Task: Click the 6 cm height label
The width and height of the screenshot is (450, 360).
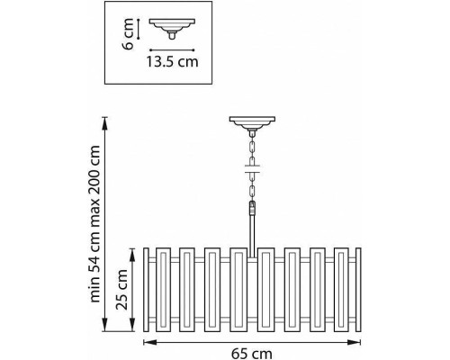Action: click(x=128, y=34)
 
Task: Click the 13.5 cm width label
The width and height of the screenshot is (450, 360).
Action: click(x=172, y=61)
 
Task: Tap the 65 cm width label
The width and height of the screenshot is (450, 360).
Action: click(x=252, y=354)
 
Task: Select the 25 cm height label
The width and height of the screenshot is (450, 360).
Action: click(x=122, y=290)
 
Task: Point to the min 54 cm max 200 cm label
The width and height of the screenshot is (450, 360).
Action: click(x=94, y=224)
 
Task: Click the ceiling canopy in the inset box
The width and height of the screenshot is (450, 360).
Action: click(x=172, y=27)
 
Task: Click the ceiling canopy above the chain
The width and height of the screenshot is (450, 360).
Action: click(x=252, y=123)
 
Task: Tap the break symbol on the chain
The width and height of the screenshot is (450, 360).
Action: click(x=252, y=169)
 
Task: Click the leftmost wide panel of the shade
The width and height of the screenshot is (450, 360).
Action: click(x=164, y=290)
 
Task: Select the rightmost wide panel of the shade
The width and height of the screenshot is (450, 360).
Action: click(x=341, y=290)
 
